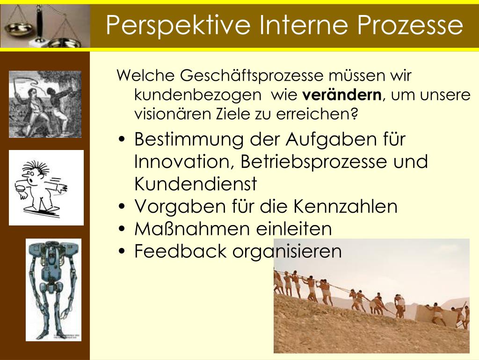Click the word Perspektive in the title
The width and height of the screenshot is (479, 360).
coord(178,25)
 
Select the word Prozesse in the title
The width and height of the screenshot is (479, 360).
coord(410,24)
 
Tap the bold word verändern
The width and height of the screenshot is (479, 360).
coord(342,95)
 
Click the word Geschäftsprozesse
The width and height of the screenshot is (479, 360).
coord(252,76)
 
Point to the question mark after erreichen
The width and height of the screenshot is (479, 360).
coord(354,114)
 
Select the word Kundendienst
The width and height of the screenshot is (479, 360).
coord(196,184)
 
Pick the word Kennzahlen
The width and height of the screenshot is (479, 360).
coord(345,206)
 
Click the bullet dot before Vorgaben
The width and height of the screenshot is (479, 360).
coord(122,207)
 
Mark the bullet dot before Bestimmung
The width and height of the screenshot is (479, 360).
coord(122,140)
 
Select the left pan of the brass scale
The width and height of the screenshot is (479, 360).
coord(19,29)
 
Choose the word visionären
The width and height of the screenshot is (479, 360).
coord(173,114)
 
